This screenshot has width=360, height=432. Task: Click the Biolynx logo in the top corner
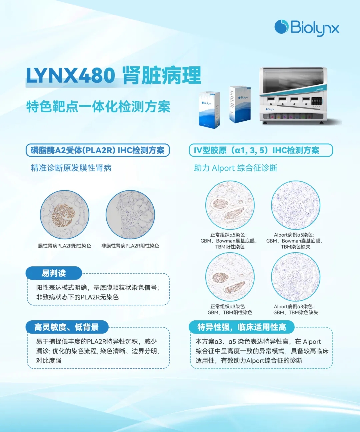click(x=307, y=28)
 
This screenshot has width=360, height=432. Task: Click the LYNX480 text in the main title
click(x=71, y=75)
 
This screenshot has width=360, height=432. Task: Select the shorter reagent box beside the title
click(x=209, y=110)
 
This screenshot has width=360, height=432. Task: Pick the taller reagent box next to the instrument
click(x=240, y=104)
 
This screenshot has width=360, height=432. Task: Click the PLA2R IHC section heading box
click(x=98, y=150)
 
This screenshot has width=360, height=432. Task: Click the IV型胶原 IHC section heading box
click(x=261, y=150)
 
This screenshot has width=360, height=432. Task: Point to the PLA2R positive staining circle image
click(x=65, y=215)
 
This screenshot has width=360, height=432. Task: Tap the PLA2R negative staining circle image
click(x=130, y=215)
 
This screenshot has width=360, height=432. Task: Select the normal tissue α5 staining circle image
click(x=230, y=205)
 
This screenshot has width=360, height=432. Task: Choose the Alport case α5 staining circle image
click(x=296, y=205)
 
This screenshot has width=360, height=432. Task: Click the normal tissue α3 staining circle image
click(x=230, y=277)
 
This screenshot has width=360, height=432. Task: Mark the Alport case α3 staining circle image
click(x=296, y=277)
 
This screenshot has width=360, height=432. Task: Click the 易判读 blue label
click(x=54, y=273)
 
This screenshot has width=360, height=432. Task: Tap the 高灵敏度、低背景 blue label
click(x=67, y=327)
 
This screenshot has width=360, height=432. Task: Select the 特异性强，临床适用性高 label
click(x=241, y=327)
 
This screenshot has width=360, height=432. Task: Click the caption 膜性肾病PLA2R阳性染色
click(x=65, y=246)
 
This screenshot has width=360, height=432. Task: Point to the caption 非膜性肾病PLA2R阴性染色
click(x=130, y=246)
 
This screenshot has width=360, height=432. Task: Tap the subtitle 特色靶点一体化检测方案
click(x=98, y=107)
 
